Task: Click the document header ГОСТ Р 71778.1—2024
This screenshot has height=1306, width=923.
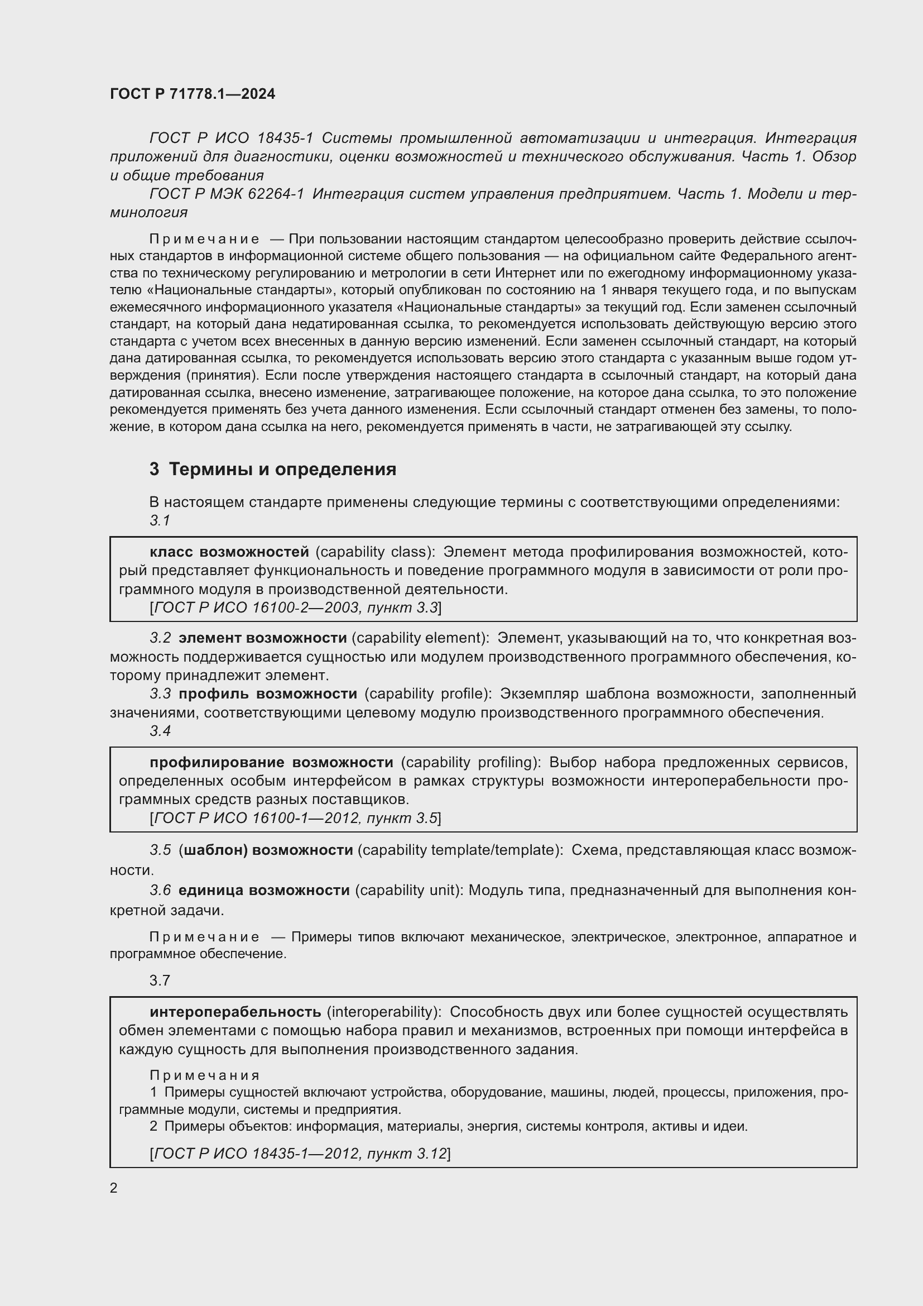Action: coord(192,94)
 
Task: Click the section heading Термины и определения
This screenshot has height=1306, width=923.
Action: coord(282,469)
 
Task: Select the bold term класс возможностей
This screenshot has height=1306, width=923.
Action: coord(229,552)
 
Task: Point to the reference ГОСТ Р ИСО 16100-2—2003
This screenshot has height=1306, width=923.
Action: coord(256,607)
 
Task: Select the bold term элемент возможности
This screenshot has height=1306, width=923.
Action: coord(262,638)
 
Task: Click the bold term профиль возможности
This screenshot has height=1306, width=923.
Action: coord(268,693)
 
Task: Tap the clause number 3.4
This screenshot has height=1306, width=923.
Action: coord(160,731)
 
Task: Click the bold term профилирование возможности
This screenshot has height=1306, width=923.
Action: coord(271,762)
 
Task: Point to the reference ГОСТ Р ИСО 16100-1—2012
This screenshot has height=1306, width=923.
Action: coord(256,818)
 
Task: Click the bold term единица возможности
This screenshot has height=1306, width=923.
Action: coord(264,890)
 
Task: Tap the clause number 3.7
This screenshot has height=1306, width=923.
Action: coord(160,980)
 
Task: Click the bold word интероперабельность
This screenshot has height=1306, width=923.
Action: coord(235,1012)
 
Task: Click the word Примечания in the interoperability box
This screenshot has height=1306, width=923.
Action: coord(205,1075)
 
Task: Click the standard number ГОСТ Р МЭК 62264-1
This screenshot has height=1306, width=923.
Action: coord(227,194)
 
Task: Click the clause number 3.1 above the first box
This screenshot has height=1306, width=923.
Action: coord(160,520)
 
